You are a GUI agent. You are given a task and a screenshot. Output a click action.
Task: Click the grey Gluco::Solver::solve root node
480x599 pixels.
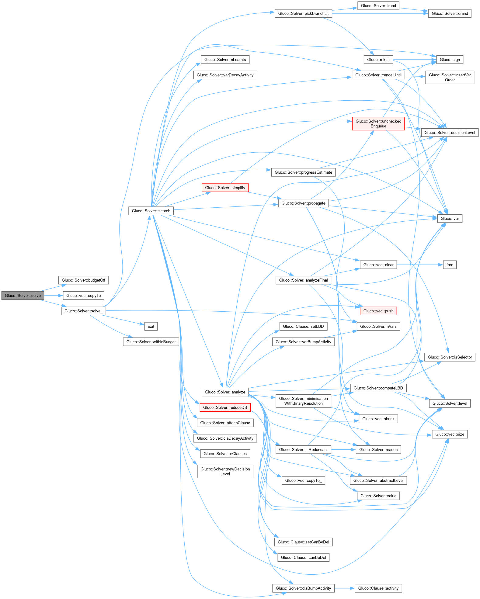pos(23,296)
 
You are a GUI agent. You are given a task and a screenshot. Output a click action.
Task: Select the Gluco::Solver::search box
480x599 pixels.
pos(151,211)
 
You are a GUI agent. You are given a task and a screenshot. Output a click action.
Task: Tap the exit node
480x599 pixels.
pos(151,326)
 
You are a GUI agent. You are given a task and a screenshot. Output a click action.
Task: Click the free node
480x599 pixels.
pos(450,265)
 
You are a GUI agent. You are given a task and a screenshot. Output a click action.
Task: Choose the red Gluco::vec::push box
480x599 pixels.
pos(378,311)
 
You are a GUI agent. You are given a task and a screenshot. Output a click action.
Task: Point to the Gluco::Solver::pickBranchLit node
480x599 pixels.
pos(303,13)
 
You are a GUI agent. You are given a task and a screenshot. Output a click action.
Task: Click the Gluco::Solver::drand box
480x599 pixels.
pos(450,13)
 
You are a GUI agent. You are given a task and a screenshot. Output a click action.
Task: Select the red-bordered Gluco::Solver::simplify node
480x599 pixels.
pos(225,188)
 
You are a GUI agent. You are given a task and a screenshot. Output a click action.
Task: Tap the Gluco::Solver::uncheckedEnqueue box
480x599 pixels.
pos(378,123)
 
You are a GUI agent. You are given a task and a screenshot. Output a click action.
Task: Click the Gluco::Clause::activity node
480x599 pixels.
pos(378,588)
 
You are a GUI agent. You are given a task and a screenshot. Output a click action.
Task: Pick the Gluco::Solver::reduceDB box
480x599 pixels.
pos(225,407)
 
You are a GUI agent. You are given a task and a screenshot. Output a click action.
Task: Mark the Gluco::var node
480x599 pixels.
pos(450,218)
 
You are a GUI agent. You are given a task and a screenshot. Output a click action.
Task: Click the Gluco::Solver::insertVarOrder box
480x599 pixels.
pos(450,77)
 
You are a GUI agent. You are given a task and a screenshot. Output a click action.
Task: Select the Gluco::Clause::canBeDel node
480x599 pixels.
pos(303,557)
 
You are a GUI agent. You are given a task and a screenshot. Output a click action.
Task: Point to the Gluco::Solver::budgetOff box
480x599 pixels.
pos(83,280)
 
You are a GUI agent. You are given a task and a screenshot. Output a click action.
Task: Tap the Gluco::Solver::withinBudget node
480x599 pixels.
pos(151,342)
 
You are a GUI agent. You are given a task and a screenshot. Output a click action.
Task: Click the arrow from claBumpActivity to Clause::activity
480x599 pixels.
pos(345,588)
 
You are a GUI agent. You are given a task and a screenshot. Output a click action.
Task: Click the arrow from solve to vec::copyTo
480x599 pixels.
pos(53,296)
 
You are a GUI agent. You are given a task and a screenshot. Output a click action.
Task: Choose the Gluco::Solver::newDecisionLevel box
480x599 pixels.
pos(225,471)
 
